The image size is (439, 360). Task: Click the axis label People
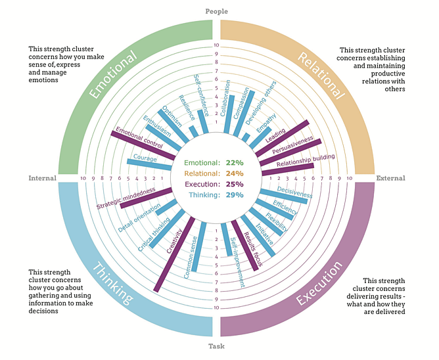216,11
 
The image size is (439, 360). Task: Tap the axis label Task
216,347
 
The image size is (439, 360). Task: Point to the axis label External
390,178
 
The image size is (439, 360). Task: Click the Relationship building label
306,160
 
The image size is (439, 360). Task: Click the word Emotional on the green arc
112,73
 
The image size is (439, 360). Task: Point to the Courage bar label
145,158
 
